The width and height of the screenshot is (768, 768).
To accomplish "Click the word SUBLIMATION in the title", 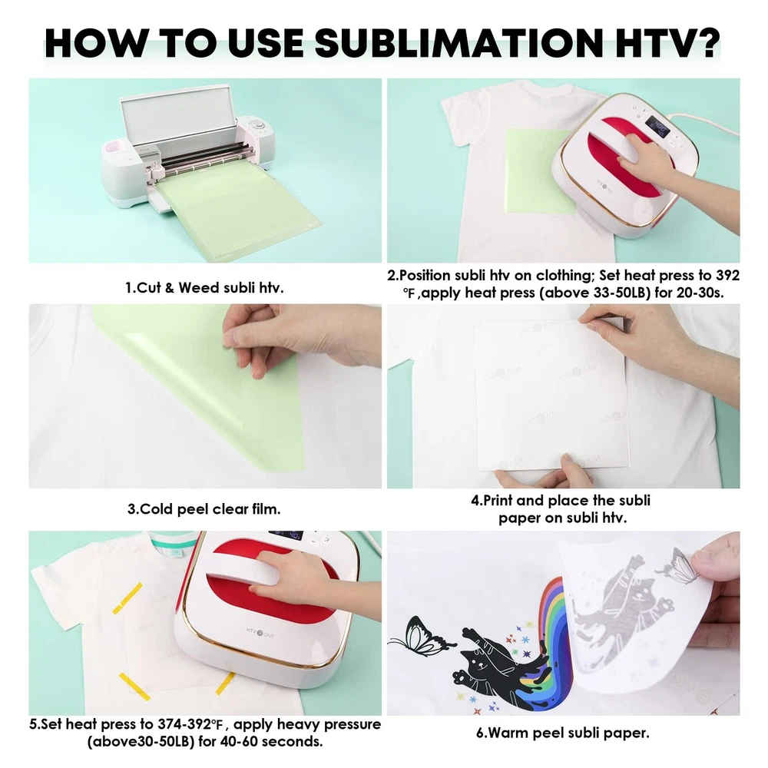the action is point(458,43).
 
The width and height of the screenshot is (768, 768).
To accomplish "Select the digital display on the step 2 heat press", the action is point(657,127).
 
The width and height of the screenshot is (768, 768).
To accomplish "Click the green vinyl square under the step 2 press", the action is point(539,171).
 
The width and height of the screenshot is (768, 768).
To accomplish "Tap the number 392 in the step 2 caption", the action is point(727,275).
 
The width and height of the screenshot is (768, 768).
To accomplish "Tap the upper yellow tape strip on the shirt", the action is point(127,598).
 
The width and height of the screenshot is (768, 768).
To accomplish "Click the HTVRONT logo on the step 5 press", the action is point(260,633).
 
